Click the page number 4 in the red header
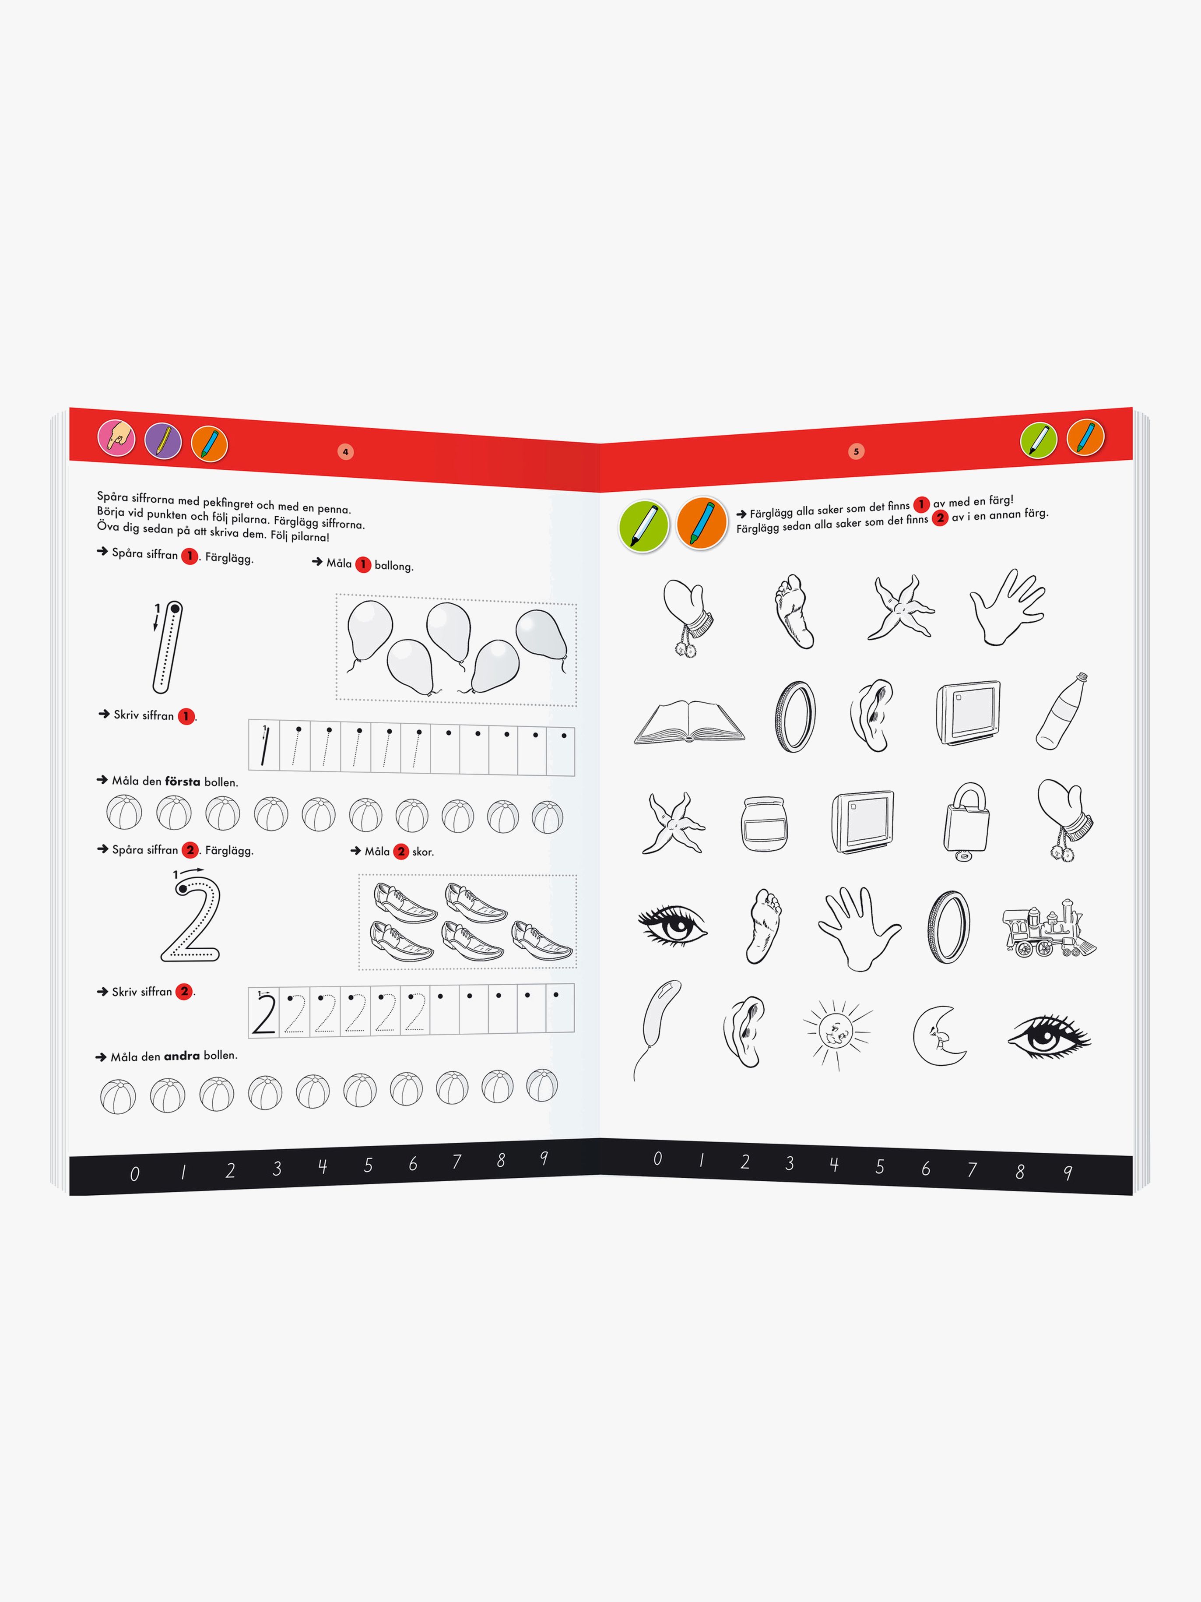click(x=345, y=452)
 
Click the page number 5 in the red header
click(x=856, y=452)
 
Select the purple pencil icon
click(x=163, y=440)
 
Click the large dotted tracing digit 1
click(x=167, y=646)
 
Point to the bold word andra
click(x=182, y=1056)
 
